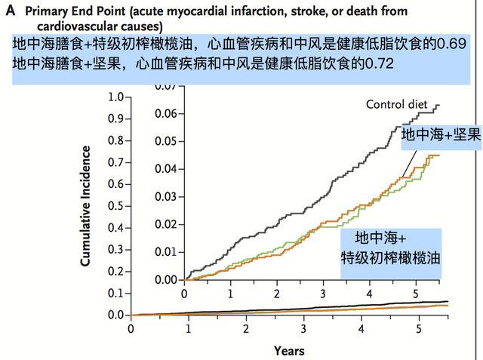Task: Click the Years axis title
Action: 289,350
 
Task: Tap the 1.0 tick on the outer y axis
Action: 115,97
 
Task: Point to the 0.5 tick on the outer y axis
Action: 115,206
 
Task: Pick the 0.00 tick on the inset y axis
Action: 165,279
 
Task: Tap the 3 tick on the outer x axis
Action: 303,329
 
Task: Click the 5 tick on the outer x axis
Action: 419,329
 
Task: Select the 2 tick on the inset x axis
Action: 277,293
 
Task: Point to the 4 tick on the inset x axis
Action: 369,293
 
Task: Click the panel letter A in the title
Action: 10,11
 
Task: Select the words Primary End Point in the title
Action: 73,11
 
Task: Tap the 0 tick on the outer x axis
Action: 131,329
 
